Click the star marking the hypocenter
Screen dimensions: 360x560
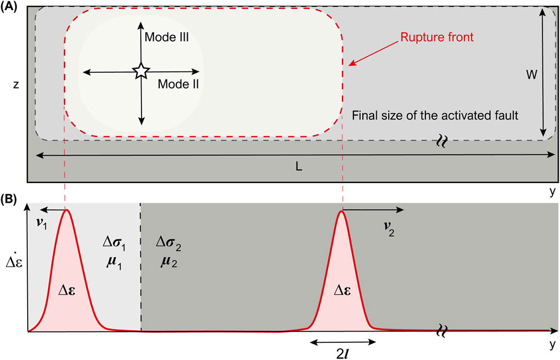pos(140,71)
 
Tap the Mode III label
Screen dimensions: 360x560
pos(167,38)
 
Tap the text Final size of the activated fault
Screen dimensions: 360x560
pos(435,116)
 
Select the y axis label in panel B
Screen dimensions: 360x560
pos(551,345)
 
